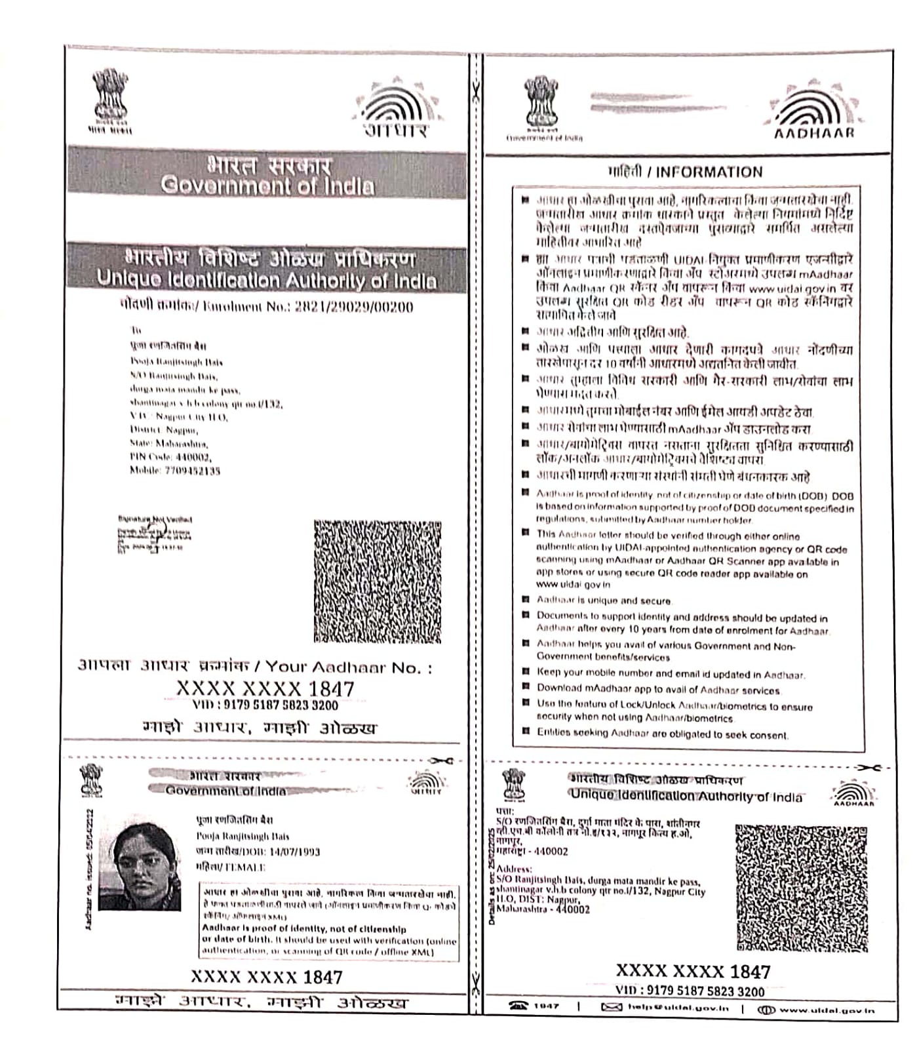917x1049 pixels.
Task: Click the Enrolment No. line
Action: click(266, 306)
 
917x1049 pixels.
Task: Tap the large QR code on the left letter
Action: click(377, 581)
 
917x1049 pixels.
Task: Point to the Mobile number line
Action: click(174, 470)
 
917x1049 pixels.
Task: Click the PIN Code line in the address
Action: click(170, 457)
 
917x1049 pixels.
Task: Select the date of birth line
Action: click(258, 852)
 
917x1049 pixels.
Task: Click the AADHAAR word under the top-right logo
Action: click(814, 133)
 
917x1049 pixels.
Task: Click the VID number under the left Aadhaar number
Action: click(265, 705)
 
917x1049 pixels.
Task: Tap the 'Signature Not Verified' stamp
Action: click(155, 519)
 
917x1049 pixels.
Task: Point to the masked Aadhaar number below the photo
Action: click(266, 977)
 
